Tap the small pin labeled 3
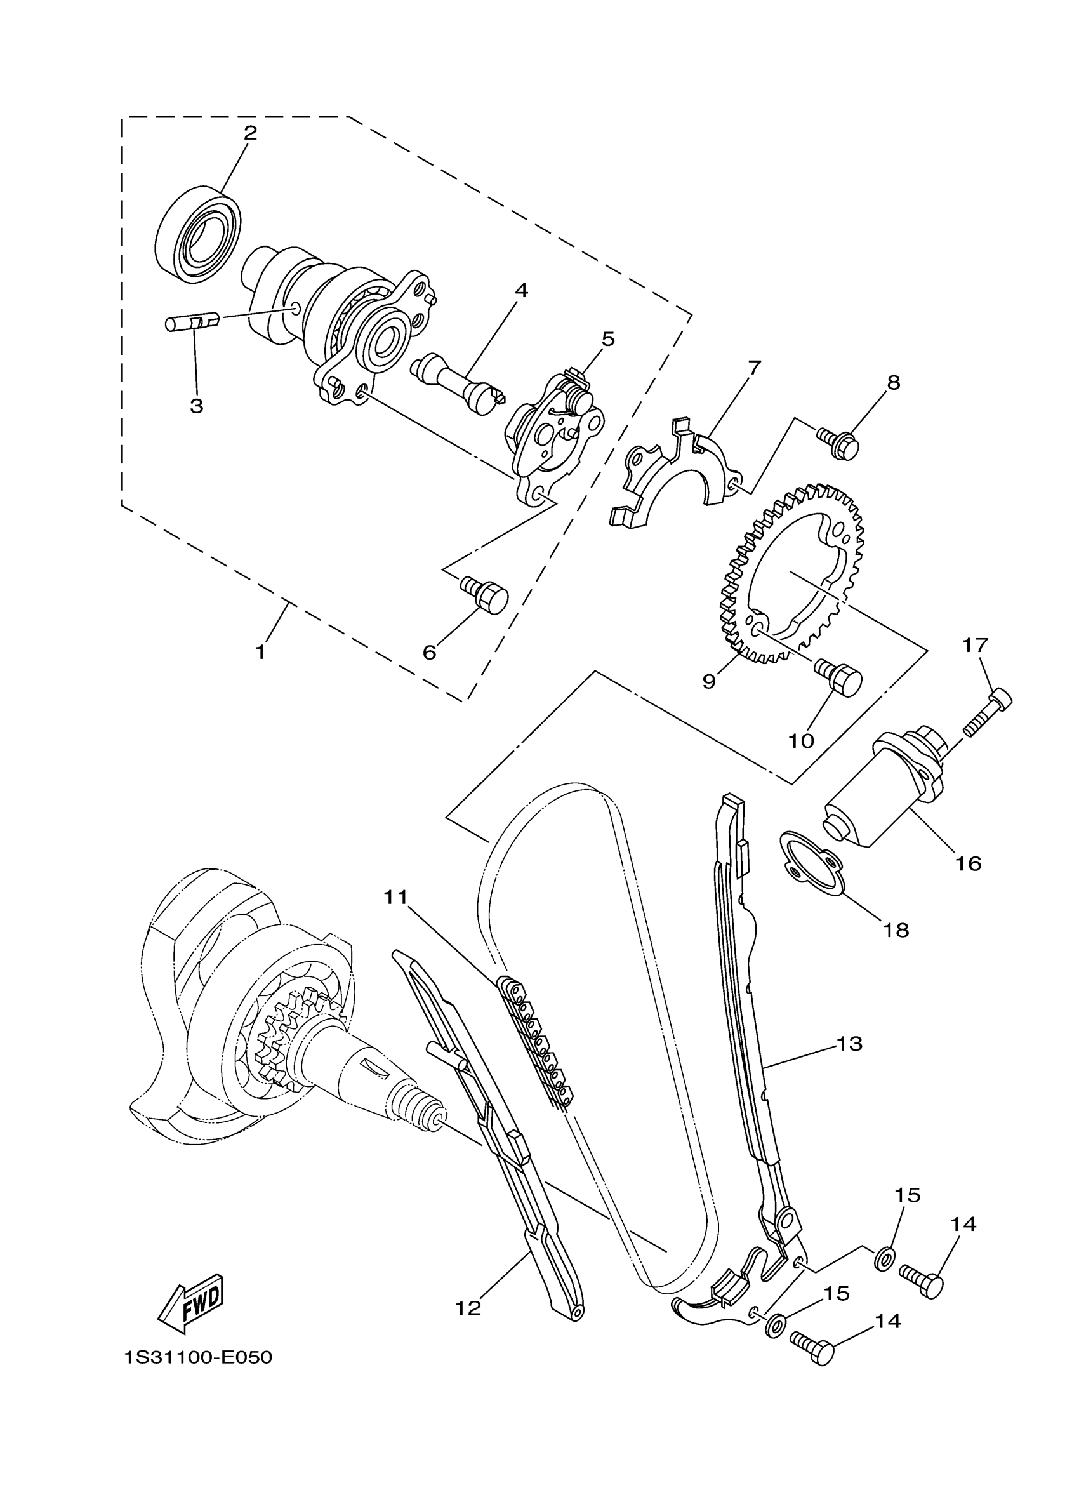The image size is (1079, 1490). point(190,324)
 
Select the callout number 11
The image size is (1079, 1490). point(396,897)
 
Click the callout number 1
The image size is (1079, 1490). point(261,653)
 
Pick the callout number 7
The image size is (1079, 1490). point(754,367)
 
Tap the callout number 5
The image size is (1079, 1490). point(607,340)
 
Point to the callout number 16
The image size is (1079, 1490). point(969,863)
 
